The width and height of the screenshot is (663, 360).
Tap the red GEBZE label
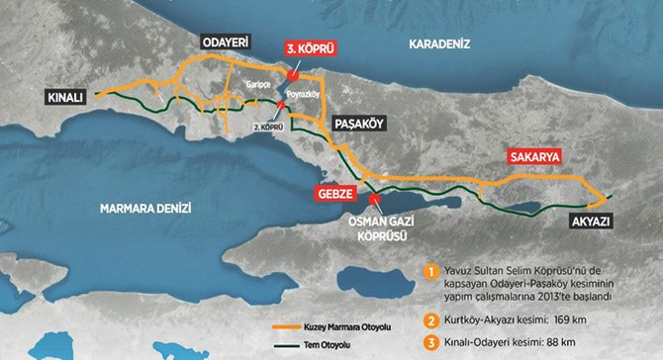coord(333,194)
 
